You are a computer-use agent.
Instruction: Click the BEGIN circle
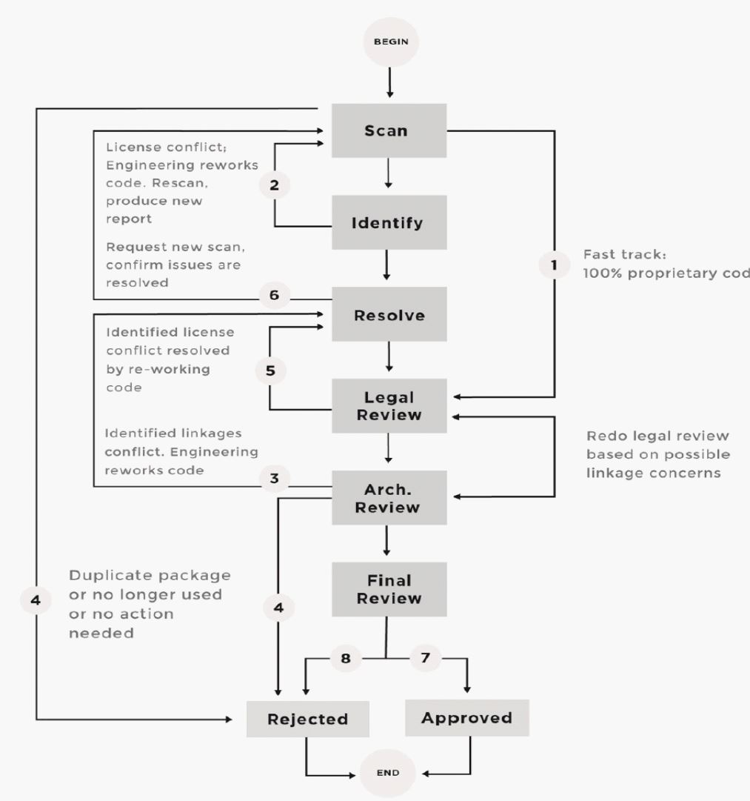click(389, 43)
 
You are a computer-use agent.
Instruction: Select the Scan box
click(389, 130)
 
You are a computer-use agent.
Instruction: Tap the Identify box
click(389, 222)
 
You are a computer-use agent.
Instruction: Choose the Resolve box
click(389, 315)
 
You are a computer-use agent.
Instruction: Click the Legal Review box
click(389, 406)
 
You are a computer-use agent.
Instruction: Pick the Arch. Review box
click(389, 498)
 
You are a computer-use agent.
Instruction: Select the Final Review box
click(389, 589)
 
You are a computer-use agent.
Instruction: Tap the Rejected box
click(307, 719)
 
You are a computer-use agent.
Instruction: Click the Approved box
click(466, 718)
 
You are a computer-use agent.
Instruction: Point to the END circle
click(388, 773)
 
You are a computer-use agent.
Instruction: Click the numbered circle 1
click(555, 264)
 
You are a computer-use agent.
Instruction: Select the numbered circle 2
click(274, 185)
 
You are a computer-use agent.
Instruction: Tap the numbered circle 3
click(274, 478)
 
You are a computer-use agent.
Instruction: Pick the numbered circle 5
click(270, 370)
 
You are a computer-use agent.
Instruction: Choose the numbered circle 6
click(274, 295)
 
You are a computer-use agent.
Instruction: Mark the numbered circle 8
click(344, 657)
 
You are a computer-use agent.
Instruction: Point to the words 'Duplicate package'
click(150, 576)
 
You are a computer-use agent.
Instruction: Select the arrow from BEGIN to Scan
click(389, 83)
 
